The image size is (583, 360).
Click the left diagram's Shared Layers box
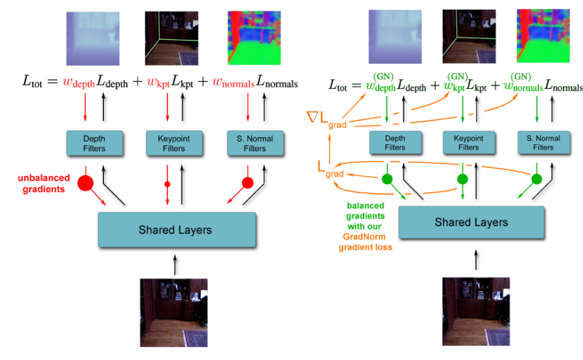[x=175, y=229]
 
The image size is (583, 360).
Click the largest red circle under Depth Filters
[x=86, y=183]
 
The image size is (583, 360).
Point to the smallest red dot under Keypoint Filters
[x=168, y=184]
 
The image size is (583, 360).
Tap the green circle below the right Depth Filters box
[x=388, y=179]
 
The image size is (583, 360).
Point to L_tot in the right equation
[x=341, y=85]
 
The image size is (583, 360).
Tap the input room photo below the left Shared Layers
[x=174, y=312]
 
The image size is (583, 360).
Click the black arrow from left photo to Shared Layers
[x=174, y=264]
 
